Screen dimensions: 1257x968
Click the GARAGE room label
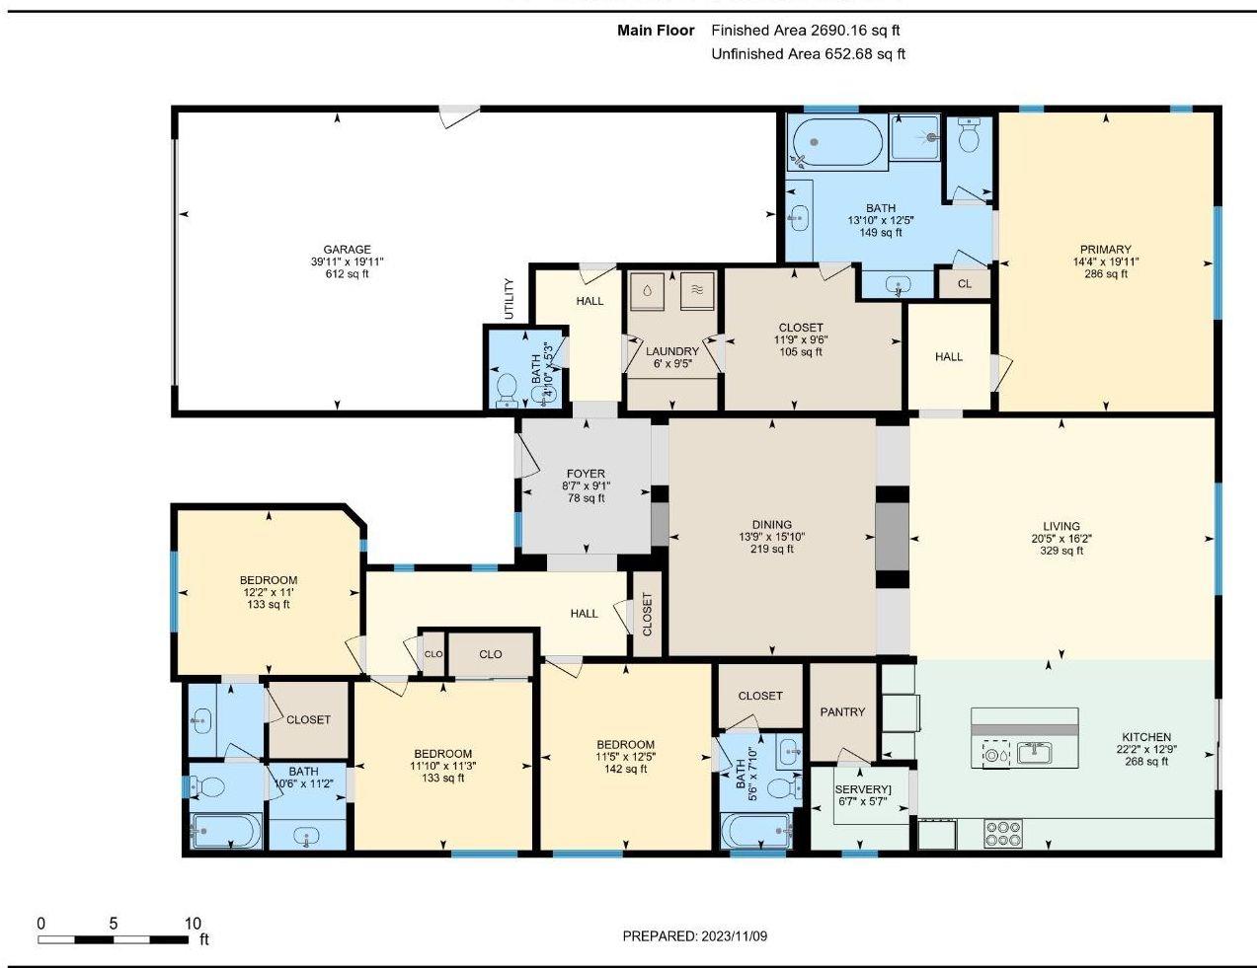pyautogui.click(x=347, y=249)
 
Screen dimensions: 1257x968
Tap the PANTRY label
pyautogui.click(x=842, y=712)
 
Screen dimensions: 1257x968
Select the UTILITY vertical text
pyautogui.click(x=510, y=299)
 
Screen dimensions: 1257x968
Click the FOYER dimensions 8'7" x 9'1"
pyautogui.click(x=586, y=486)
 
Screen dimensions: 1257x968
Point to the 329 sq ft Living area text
pyautogui.click(x=1061, y=551)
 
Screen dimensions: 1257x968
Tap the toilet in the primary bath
pyautogui.click(x=968, y=134)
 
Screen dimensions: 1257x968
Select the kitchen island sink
pyautogui.click(x=1034, y=754)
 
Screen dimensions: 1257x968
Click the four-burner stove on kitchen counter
pyautogui.click(x=1003, y=834)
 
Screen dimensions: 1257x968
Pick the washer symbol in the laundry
pyautogui.click(x=647, y=291)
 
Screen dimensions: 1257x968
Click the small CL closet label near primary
pyautogui.click(x=965, y=284)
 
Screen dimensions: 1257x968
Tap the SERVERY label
pyautogui.click(x=862, y=789)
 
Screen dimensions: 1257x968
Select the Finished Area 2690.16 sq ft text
pyautogui.click(x=805, y=30)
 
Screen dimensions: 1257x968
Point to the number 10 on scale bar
pyautogui.click(x=194, y=923)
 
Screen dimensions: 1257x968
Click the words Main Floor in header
pyautogui.click(x=656, y=30)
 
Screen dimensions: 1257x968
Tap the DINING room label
pyautogui.click(x=771, y=525)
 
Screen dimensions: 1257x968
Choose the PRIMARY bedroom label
pyautogui.click(x=1106, y=249)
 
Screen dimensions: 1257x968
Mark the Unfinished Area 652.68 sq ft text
pyautogui.click(x=808, y=53)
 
